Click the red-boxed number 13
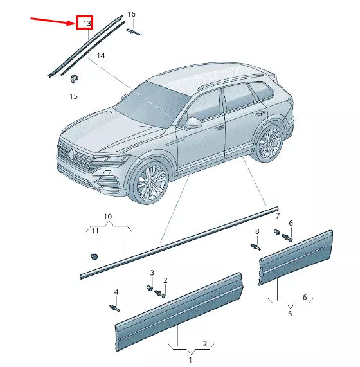85,24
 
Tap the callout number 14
101,56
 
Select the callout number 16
131,14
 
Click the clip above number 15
74,80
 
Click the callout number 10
108,217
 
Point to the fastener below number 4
116,309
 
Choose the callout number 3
152,273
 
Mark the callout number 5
290,314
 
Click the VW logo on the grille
71,154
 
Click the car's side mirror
194,122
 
